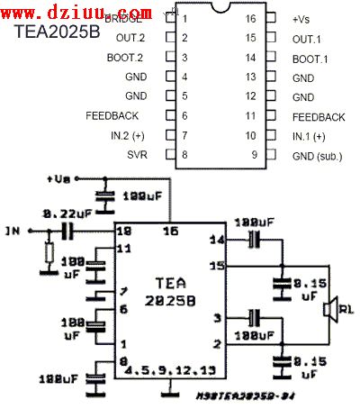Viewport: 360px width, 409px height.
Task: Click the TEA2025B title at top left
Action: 55,39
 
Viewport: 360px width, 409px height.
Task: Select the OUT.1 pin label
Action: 307,38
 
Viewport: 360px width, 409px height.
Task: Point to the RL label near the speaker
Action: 347,312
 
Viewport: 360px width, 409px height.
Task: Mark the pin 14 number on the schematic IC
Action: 216,241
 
